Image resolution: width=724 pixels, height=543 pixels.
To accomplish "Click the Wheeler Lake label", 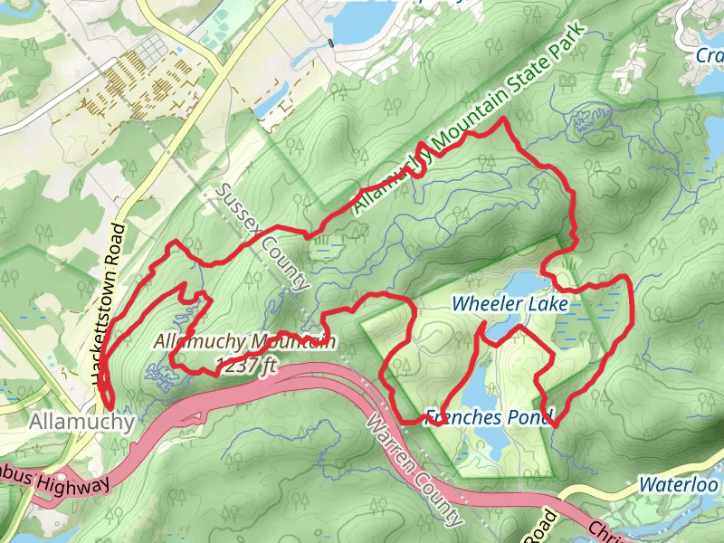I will pyautogui.click(x=511, y=304).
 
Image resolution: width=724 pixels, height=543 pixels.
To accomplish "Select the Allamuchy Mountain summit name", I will pyautogui.click(x=244, y=342).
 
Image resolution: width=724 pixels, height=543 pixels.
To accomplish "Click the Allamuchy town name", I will pyautogui.click(x=81, y=422).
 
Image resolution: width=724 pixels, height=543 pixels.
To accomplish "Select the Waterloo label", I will pyautogui.click(x=679, y=484).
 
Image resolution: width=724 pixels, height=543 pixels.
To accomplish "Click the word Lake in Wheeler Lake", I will pyautogui.click(x=550, y=304).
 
